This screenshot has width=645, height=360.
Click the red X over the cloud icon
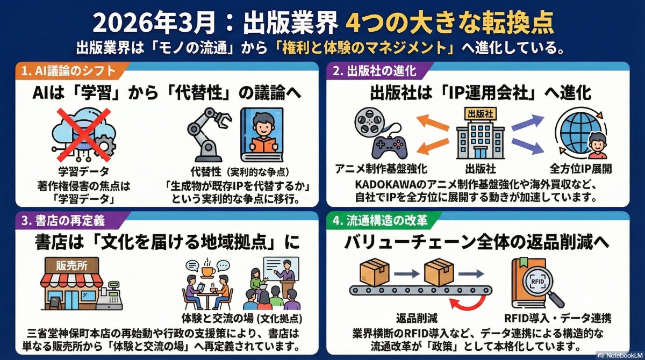tap(83, 134)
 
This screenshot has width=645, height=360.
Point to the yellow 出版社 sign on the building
tap(481, 114)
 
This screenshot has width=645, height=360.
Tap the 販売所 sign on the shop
tap(71, 265)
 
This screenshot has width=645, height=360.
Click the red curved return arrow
tap(468, 301)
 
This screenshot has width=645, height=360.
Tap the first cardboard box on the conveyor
tap(374, 272)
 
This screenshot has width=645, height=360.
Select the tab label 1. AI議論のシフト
tap(69, 71)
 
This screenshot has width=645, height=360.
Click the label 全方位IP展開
tap(580, 169)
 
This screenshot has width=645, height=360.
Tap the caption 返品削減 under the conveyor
tap(417, 318)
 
